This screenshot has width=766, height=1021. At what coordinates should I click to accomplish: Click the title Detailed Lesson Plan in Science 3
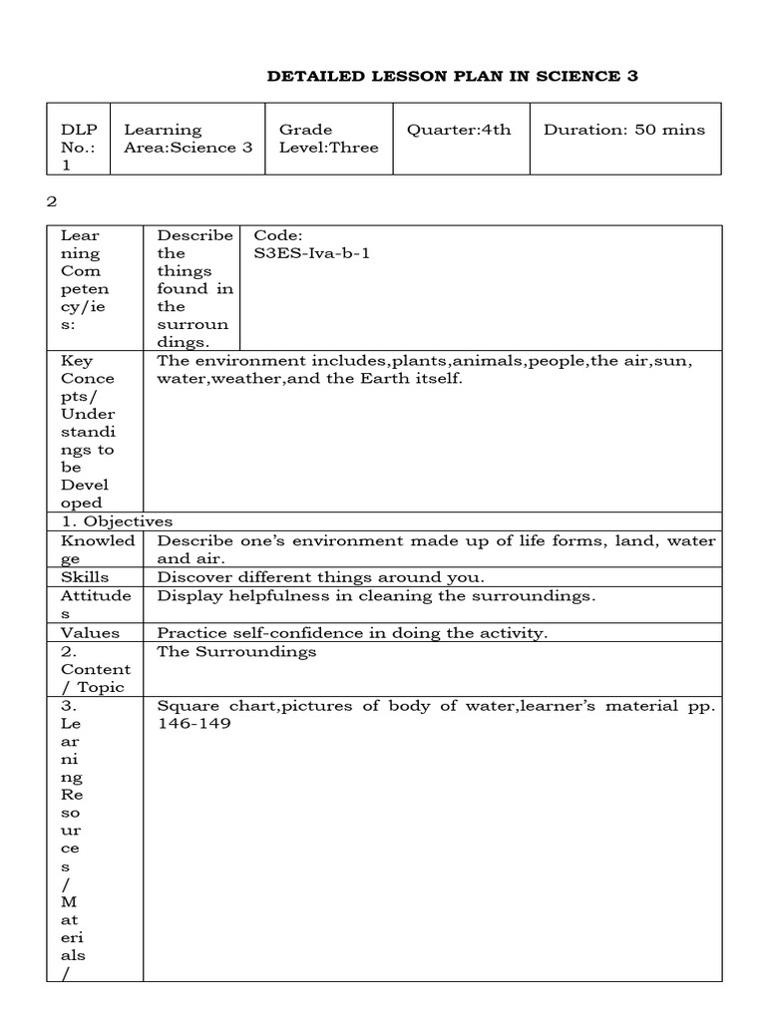pyautogui.click(x=452, y=76)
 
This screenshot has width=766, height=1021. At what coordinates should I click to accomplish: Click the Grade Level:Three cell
pyautogui.click(x=328, y=139)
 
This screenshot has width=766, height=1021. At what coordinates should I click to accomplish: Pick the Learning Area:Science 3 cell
pyautogui.click(x=188, y=139)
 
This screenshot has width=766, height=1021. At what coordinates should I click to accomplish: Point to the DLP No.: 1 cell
pyautogui.click(x=79, y=148)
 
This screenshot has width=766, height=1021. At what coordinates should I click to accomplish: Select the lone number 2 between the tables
pyautogui.click(x=52, y=201)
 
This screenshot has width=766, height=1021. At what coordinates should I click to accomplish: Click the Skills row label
pyautogui.click(x=85, y=577)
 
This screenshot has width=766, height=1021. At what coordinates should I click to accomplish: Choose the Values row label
pyautogui.click(x=90, y=632)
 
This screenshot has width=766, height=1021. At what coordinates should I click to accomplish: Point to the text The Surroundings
pyautogui.click(x=236, y=651)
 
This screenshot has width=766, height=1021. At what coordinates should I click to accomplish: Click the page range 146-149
pyautogui.click(x=193, y=723)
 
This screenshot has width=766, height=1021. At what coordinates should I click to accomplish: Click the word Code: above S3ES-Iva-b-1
pyautogui.click(x=276, y=235)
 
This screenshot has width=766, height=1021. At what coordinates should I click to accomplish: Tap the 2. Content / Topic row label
pyautogui.click(x=95, y=669)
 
